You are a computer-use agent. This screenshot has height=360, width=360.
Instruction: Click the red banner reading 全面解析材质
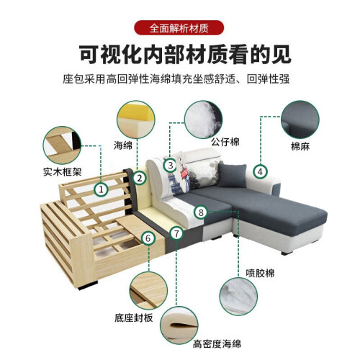pyautogui.click(x=179, y=28)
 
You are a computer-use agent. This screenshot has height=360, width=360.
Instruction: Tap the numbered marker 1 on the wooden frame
pyautogui.click(x=101, y=189)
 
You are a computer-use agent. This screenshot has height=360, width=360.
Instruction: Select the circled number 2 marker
pyautogui.click(x=140, y=178)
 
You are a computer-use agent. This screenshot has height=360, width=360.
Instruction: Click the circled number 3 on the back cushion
pyautogui.click(x=170, y=166)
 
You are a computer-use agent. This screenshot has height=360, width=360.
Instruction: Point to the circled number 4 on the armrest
pyautogui.click(x=261, y=171)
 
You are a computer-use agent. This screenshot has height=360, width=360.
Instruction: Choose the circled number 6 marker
pyautogui.click(x=148, y=238)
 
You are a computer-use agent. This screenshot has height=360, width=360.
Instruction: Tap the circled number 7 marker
pyautogui.click(x=176, y=233)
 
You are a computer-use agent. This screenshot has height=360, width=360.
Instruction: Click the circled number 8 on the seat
pyautogui.click(x=201, y=212)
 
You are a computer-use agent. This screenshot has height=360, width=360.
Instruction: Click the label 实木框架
pyautogui.click(x=63, y=172)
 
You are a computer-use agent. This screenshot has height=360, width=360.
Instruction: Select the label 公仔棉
pyautogui.click(x=225, y=142)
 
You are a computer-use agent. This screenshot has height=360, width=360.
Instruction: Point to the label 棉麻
pyautogui.click(x=300, y=146)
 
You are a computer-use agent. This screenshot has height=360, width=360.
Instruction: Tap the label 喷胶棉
pyautogui.click(x=260, y=273)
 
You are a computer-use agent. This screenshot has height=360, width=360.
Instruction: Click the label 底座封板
pyautogui.click(x=134, y=318)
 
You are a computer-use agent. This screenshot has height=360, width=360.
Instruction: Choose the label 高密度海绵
pyautogui.click(x=217, y=344)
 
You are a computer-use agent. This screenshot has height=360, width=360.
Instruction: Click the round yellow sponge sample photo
pyautogui.click(x=136, y=120)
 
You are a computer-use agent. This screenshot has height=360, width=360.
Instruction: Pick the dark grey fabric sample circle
pyautogui.click(x=300, y=120)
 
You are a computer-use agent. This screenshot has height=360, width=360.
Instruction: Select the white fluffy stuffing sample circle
pyautogui.click(x=203, y=120)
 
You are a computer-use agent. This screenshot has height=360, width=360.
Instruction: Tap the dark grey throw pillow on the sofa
pyautogui.click(x=232, y=175)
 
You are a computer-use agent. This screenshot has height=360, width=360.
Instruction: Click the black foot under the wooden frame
pyautogui.click(x=88, y=286)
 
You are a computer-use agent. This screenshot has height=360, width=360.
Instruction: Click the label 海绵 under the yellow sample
pyautogui.click(x=123, y=145)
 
